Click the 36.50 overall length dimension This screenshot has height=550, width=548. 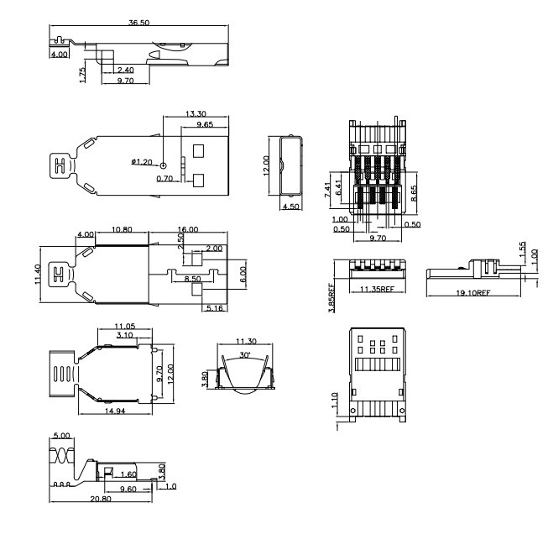[138, 23]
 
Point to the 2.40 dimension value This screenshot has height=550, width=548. [126, 70]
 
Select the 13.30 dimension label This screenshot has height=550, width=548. [196, 113]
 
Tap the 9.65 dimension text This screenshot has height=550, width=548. [205, 124]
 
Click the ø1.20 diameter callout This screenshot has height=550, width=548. [142, 162]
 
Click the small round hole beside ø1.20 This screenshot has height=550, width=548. [164, 165]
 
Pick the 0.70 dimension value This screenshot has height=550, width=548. [164, 179]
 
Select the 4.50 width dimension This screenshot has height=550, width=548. [291, 207]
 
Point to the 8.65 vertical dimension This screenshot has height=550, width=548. [414, 193]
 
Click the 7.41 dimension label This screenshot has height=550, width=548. [328, 190]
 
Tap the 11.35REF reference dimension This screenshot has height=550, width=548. [378, 289]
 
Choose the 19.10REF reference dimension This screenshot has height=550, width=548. [472, 292]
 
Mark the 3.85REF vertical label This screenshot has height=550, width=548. [332, 297]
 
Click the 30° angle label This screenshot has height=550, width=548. [245, 355]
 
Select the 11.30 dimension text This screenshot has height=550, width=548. [246, 341]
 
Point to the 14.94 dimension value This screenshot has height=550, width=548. [115, 411]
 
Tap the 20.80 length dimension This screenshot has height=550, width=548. [101, 499]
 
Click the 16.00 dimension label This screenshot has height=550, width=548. [188, 229]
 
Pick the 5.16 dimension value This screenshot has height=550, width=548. [215, 308]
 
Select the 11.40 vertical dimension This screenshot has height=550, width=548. [38, 275]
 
